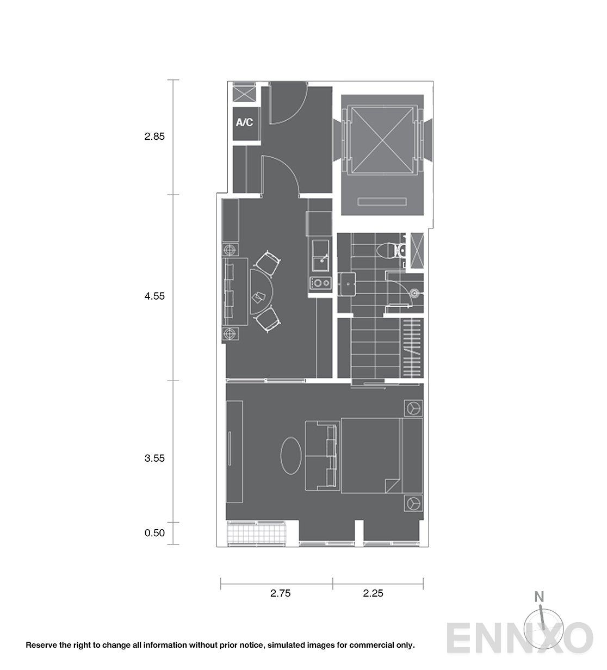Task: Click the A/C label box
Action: click(x=246, y=123)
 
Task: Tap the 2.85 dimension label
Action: click(x=154, y=137)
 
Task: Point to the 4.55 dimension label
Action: click(x=154, y=296)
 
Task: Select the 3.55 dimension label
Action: click(x=154, y=458)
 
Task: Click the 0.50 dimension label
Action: click(x=154, y=533)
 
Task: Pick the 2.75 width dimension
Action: click(x=280, y=593)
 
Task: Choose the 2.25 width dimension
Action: click(x=373, y=593)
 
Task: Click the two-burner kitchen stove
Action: click(x=321, y=283)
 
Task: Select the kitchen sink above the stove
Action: click(x=320, y=256)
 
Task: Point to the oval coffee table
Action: click(x=291, y=456)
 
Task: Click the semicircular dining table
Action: click(x=261, y=291)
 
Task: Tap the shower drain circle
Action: click(x=414, y=293)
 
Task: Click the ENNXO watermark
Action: click(x=519, y=638)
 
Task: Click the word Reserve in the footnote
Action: click(x=41, y=644)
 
